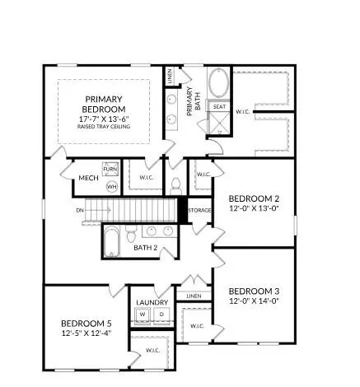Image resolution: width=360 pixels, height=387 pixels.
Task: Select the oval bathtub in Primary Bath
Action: [220, 84]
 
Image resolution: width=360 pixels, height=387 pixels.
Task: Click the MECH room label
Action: [89, 178]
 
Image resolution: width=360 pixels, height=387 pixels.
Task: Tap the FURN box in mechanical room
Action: [112, 170]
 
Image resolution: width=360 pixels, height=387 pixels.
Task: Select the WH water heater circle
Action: [112, 187]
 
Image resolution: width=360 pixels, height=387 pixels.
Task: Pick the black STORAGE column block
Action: [183, 211]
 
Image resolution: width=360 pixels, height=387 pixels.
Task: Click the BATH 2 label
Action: [146, 248]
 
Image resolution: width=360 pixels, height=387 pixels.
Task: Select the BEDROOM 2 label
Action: [255, 198]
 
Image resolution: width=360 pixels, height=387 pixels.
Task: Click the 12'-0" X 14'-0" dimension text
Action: [255, 302]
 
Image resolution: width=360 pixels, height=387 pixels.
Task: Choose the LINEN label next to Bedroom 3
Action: [194, 296]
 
